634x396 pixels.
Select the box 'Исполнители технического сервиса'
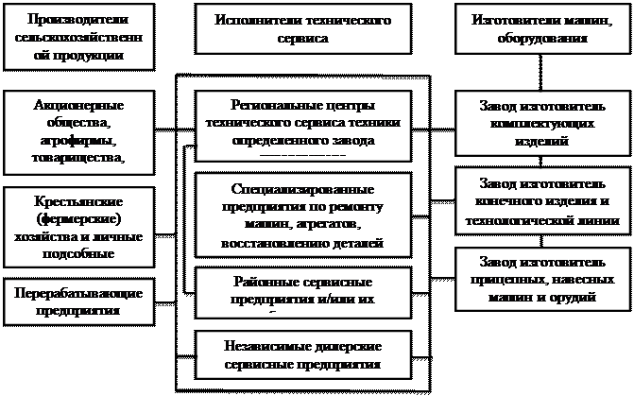click(304, 30)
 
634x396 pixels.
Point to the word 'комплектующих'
click(537, 124)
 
